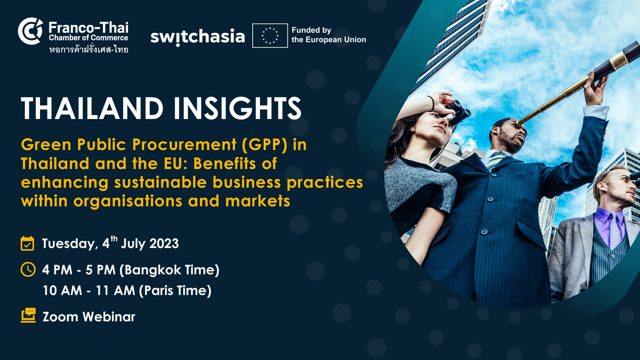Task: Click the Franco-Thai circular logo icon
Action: [30, 31]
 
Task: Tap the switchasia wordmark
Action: [197, 37]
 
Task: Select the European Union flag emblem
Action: [270, 36]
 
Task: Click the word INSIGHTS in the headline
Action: [237, 108]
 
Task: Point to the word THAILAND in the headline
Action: [92, 108]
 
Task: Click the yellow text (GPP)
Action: [265, 145]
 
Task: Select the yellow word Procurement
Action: [184, 145]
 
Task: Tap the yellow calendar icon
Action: [27, 243]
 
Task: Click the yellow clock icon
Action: [28, 269]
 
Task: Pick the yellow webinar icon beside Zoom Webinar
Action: [28, 315]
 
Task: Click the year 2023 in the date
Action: [164, 244]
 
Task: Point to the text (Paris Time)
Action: [175, 290]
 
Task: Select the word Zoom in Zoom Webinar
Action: [60, 317]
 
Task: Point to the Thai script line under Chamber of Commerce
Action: [89, 49]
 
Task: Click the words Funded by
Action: [311, 30]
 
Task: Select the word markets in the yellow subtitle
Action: [258, 201]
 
